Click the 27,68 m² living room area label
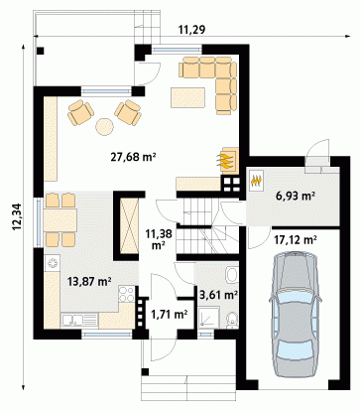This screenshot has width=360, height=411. pos(133,157)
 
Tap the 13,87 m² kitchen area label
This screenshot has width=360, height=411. pos(89,281)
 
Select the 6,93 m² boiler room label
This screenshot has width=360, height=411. pos(295,197)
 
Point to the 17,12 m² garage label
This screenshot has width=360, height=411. pos(296,239)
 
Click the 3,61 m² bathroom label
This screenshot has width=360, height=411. pos(219,294)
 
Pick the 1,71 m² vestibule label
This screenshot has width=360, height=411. pos(170,314)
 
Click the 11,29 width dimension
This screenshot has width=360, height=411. pos(191,30)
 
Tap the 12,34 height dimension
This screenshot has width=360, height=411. pos(17,216)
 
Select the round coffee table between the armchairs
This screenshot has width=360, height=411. pos(104,127)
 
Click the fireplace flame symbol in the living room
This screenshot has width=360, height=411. pos(225,160)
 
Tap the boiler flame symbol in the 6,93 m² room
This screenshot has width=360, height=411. pos(257,180)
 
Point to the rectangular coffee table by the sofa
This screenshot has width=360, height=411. pos(187,97)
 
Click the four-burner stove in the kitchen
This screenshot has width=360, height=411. pos(126,294)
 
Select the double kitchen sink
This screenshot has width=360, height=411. pos(79,321)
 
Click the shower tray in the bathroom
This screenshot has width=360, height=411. pos(208,318)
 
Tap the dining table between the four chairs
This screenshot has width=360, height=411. pos(60,219)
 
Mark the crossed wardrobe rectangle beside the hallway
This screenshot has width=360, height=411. pos(129,226)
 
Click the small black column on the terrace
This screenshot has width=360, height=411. pos(41,52)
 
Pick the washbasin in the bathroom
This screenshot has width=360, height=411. pos(232,275)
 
